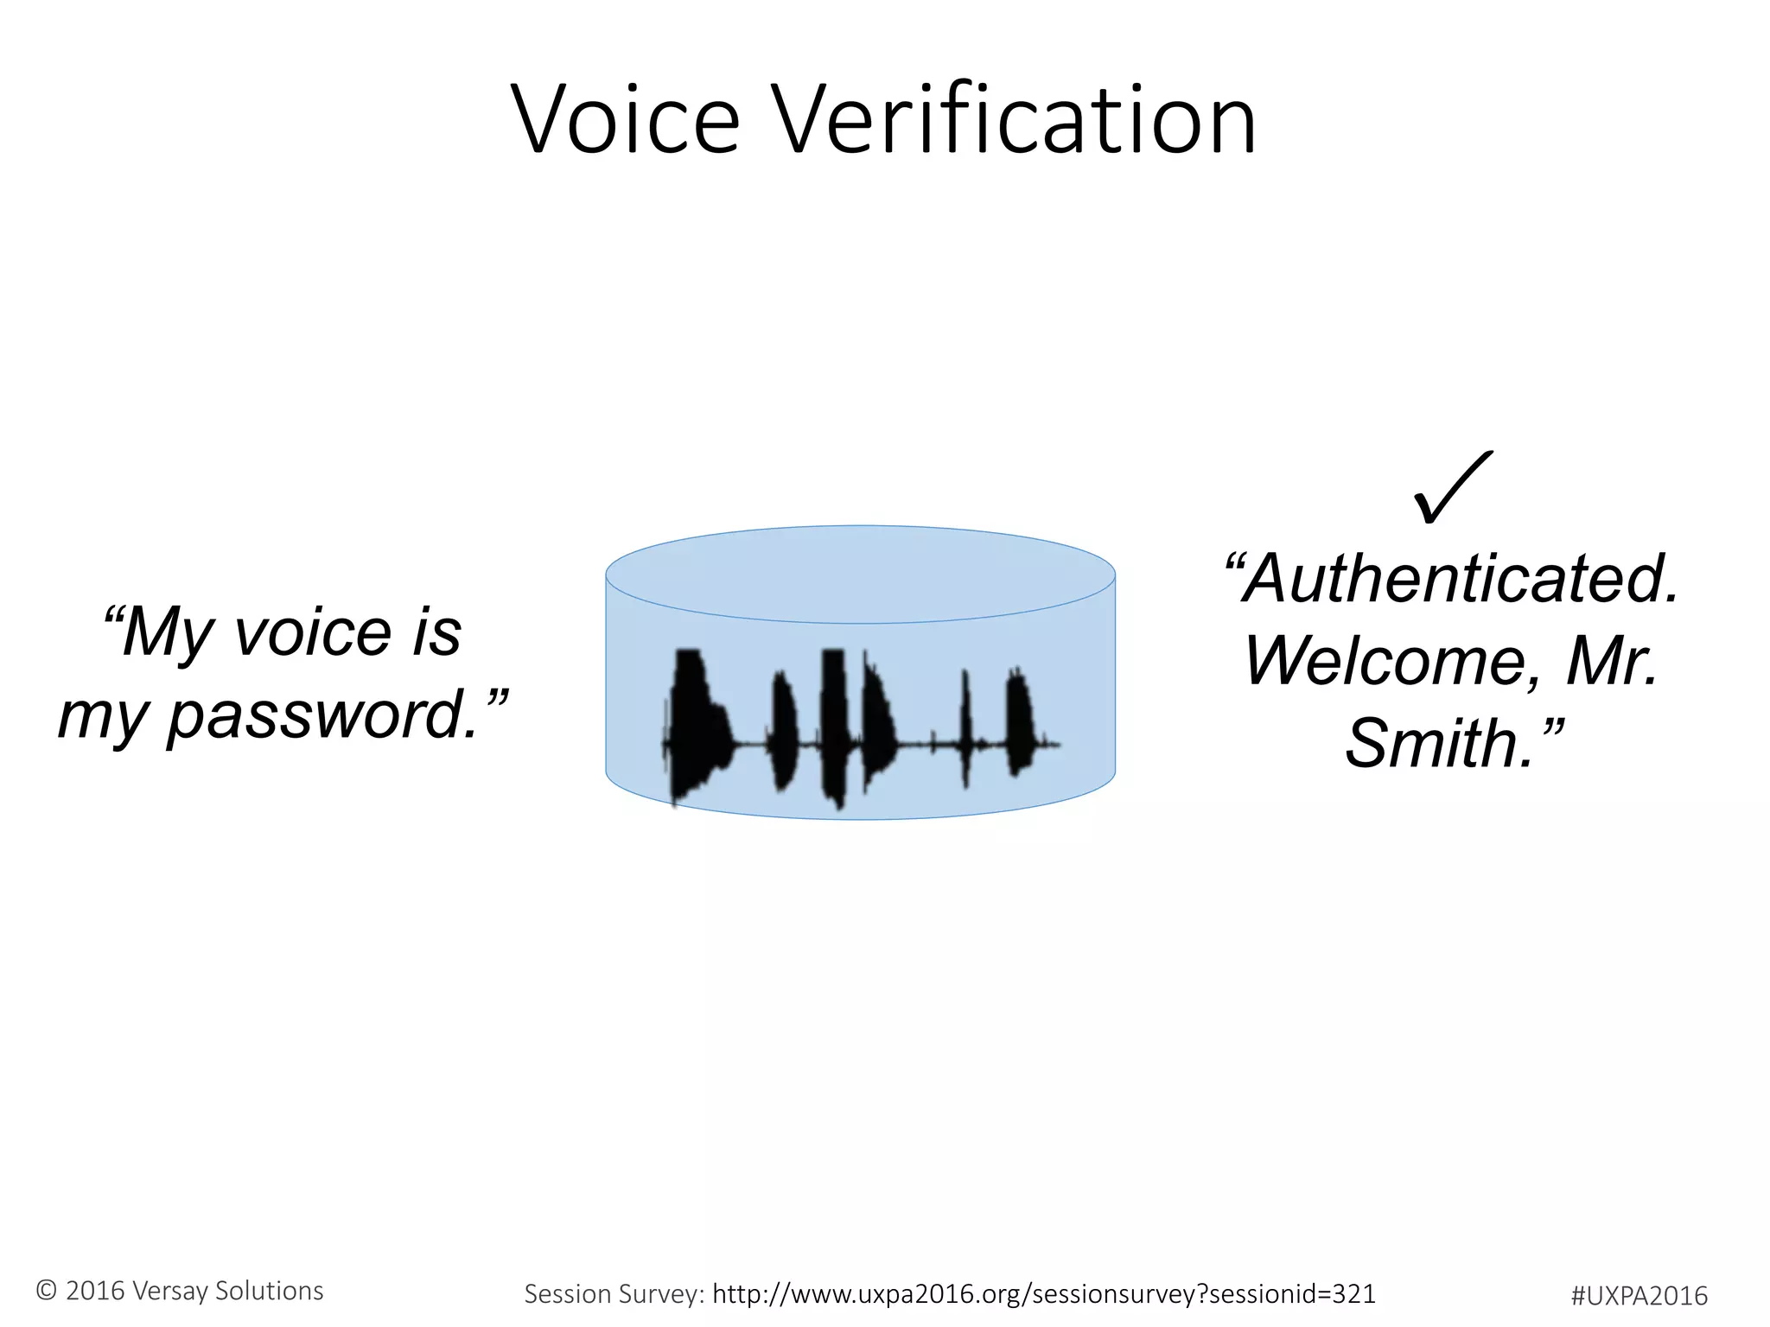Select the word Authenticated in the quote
(x=1461, y=579)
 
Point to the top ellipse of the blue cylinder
(x=860, y=574)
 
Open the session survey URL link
(x=1044, y=1293)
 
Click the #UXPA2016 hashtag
(x=1639, y=1295)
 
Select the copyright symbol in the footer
(x=46, y=1291)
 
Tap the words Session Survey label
(x=614, y=1293)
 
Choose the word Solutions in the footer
(x=269, y=1291)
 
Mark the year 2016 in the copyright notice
(x=95, y=1291)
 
